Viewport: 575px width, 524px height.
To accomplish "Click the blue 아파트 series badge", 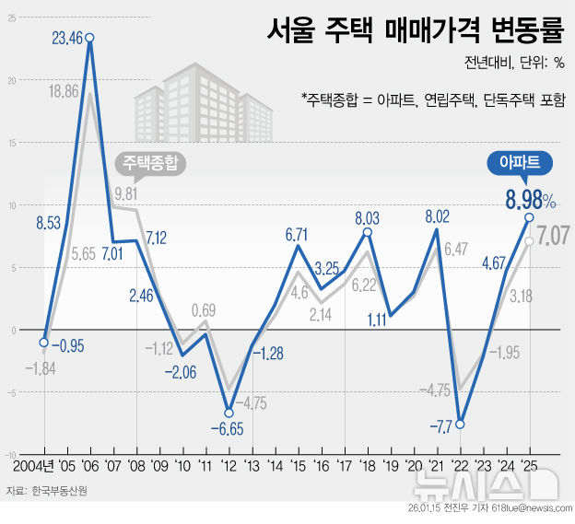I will tap(519, 163).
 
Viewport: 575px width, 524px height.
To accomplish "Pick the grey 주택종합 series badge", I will tap(149, 163).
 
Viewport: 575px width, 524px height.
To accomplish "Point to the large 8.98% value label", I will tap(529, 199).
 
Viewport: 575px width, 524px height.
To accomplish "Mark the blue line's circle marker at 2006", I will tap(89, 38).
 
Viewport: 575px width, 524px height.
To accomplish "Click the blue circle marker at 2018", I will tap(367, 231).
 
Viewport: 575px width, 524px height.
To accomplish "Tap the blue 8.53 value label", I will tap(48, 222).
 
